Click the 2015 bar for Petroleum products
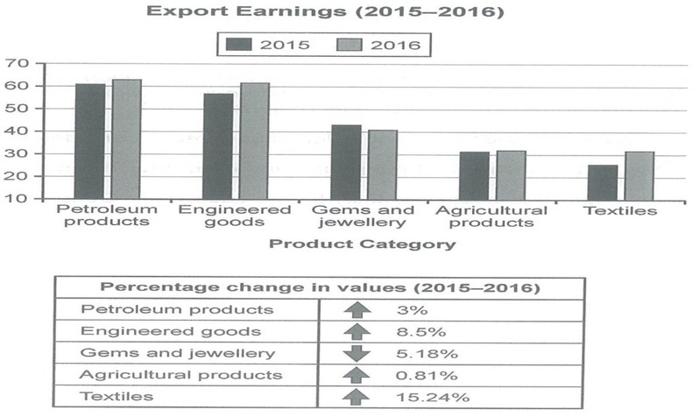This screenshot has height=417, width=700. [89, 141]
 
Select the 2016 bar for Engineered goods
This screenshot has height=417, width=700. [254, 141]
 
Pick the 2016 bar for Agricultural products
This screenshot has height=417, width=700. [511, 175]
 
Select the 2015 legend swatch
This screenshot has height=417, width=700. [239, 44]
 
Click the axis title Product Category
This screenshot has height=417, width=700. [361, 244]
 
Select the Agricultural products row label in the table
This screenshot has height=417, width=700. [181, 374]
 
